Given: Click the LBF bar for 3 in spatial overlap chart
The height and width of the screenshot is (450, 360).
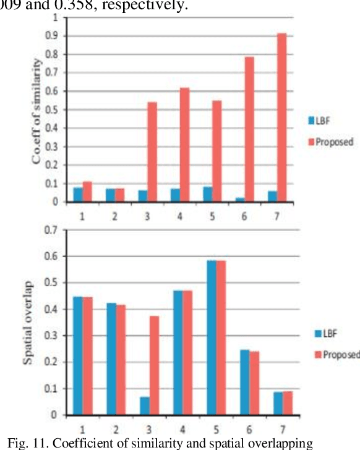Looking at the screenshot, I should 145,405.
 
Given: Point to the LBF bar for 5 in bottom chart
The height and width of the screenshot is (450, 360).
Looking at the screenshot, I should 212,337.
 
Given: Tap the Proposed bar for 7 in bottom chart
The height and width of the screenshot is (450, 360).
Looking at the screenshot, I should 288,403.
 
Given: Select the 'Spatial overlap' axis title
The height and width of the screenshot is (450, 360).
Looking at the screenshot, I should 28,323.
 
